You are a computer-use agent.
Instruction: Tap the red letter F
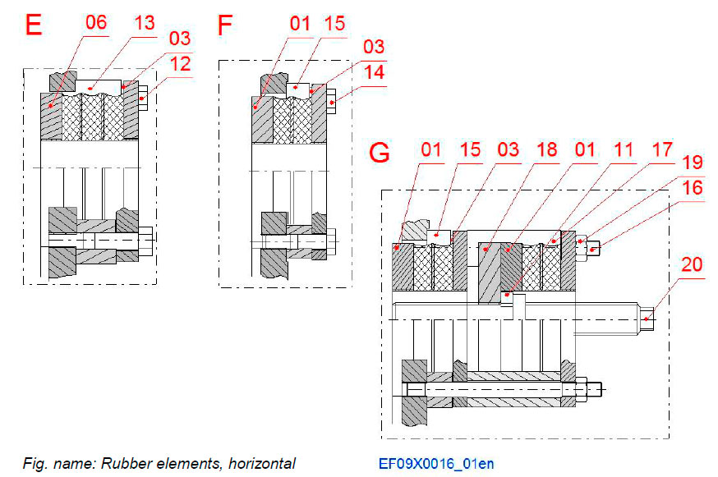click(224, 25)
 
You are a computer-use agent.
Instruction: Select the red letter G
click(380, 154)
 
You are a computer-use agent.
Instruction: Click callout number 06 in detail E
click(96, 22)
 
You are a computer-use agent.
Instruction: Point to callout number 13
click(144, 22)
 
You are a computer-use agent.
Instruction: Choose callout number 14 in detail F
click(373, 71)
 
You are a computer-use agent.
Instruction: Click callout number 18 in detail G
click(545, 149)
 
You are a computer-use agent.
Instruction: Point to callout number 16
click(692, 188)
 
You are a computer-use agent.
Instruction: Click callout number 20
click(692, 264)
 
